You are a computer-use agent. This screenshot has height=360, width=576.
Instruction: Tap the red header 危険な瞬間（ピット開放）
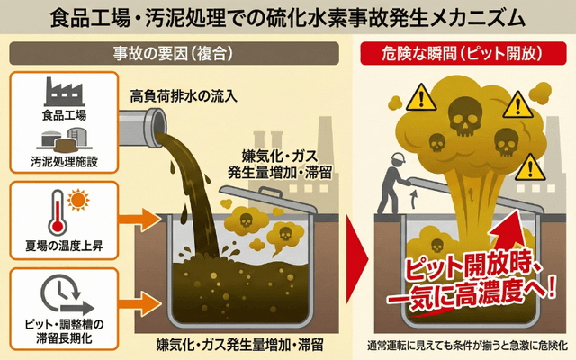click(x=463, y=54)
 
